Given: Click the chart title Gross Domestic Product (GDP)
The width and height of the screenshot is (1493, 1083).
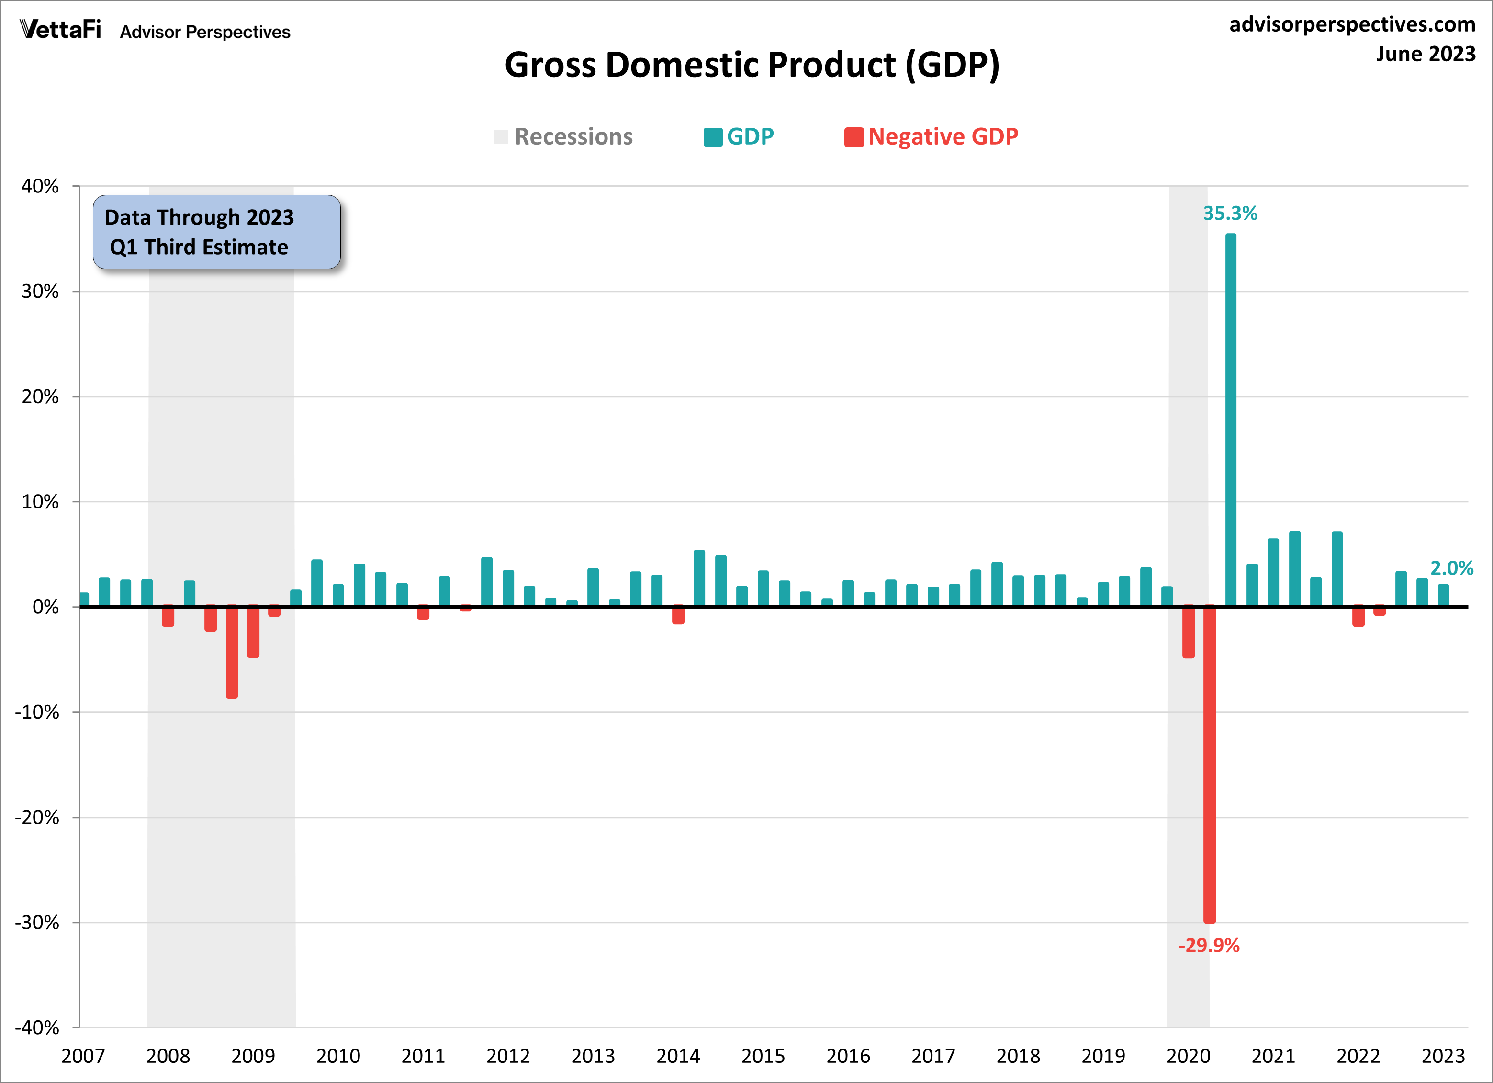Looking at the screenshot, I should [752, 65].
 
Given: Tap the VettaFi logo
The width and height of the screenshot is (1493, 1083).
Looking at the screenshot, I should [61, 30].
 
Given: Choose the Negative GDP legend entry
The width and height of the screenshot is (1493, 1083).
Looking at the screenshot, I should [932, 136].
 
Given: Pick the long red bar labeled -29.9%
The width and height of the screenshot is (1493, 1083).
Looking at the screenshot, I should [1209, 764].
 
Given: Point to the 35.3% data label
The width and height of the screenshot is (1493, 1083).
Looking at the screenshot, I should [1230, 214].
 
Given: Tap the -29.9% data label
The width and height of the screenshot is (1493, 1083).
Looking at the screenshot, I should [1209, 946].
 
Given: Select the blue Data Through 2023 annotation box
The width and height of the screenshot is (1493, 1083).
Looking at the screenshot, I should [216, 232].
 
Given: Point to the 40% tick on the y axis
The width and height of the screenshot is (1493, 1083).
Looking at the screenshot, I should [40, 186].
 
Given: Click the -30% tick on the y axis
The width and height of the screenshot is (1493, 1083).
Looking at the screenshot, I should [37, 922].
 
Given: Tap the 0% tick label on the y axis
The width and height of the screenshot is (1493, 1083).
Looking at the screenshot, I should [45, 607].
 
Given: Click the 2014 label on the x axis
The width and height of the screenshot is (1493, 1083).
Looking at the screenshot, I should [678, 1056].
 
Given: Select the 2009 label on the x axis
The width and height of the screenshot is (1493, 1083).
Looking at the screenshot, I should [253, 1056].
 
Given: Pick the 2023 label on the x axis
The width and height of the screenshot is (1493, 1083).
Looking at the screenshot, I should [1443, 1056].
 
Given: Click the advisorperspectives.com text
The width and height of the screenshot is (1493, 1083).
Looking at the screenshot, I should [1352, 24].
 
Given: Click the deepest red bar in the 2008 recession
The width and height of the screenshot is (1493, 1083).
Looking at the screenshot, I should [232, 652].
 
